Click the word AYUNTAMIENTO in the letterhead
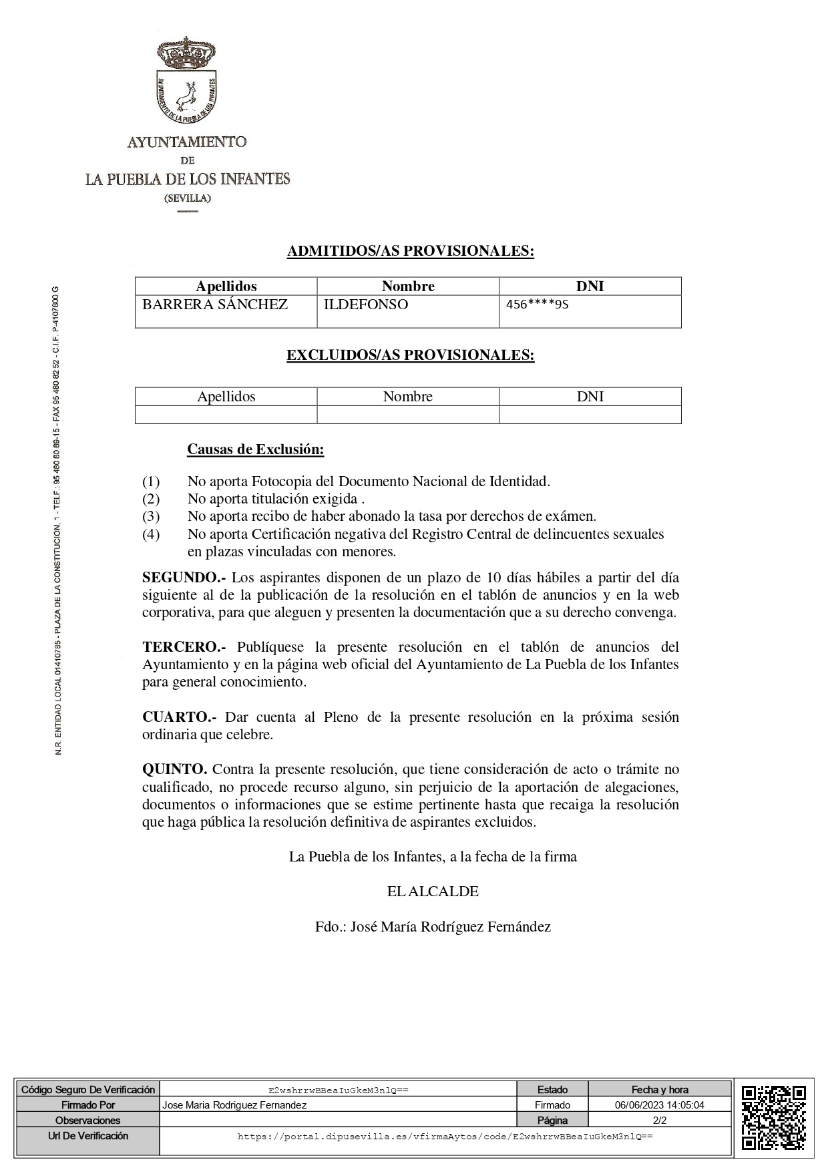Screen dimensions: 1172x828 coord(187,142)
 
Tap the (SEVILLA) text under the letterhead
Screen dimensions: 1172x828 coord(188,198)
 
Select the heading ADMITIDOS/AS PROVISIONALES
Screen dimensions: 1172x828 coord(410,251)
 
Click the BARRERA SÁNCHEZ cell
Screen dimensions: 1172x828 coord(215,305)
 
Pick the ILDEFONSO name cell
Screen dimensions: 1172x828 coord(365,305)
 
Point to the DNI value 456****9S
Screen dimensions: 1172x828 coord(537,305)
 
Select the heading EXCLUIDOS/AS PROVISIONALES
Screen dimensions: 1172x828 coord(410,355)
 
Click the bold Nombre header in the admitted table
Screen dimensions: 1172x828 coord(408,286)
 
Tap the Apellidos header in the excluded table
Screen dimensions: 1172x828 coord(226,397)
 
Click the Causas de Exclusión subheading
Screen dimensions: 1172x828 coord(255,449)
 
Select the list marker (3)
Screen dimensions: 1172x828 coord(151,516)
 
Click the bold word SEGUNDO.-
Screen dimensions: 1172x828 coord(184,577)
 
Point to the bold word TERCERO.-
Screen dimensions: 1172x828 coord(184,647)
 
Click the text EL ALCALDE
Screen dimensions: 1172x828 coord(433,892)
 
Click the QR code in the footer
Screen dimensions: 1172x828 coord(773,1121)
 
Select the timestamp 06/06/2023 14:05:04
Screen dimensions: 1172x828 coord(660,1105)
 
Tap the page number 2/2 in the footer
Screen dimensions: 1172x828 coord(660,1121)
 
